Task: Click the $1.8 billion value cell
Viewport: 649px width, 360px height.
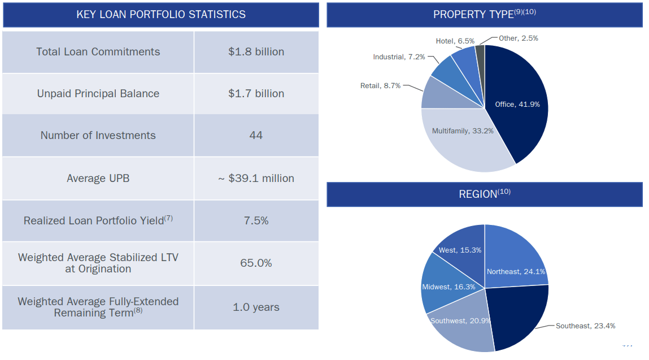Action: pos(256,52)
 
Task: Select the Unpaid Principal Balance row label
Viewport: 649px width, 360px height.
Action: pos(98,94)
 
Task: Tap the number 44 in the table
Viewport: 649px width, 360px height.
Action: pos(256,136)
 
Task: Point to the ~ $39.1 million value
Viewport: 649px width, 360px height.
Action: pos(256,179)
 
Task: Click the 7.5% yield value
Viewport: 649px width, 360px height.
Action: pos(256,221)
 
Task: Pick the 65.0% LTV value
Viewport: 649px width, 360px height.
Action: pos(256,263)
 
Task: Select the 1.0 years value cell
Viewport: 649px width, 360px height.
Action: pos(256,307)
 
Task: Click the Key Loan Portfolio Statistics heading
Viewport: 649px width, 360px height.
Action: pos(161,15)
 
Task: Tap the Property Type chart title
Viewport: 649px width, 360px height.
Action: pos(484,15)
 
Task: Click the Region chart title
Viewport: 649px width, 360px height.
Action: pos(484,194)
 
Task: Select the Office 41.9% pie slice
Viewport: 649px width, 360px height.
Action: pos(517,105)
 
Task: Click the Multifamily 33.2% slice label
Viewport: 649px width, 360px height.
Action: pos(463,131)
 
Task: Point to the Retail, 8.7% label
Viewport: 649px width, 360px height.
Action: pos(380,86)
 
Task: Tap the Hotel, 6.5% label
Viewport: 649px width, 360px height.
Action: pos(455,41)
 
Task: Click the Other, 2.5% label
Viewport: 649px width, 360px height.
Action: pos(519,38)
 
